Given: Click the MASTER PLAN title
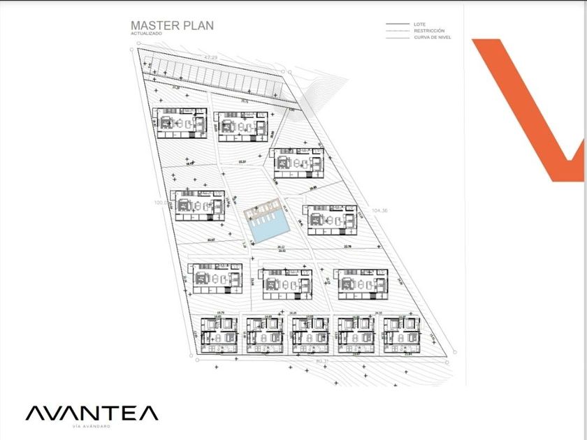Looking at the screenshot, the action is (172, 26).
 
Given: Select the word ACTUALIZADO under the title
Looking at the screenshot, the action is (147, 34).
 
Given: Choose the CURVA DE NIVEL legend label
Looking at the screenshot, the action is (432, 38).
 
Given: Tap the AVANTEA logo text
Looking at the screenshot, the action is (92, 413).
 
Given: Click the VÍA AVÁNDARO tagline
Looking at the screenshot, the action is (92, 426).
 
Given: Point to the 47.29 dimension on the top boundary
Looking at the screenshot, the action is (211, 56).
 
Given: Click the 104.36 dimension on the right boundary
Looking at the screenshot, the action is (380, 210).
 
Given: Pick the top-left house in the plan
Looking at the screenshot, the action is (180, 122).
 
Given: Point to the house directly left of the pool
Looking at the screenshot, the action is (198, 205).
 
